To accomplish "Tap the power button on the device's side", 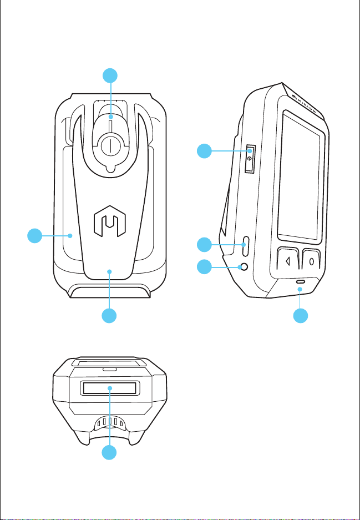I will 251,159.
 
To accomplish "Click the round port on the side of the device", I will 242,267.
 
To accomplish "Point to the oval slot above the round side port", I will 245,243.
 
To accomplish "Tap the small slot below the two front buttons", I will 300,282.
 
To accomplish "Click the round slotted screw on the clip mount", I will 110,146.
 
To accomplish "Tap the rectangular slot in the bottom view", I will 110,388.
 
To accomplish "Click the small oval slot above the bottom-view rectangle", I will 110,368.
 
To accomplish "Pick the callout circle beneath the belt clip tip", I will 110,316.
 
